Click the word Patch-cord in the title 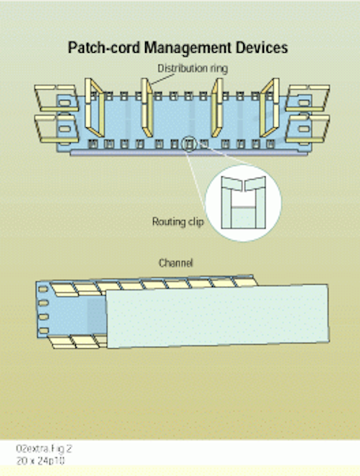[x=104, y=48]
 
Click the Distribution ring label [x=193, y=68]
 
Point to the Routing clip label [x=178, y=222]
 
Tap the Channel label [x=176, y=263]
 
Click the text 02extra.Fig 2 [x=44, y=448]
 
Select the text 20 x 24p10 [x=40, y=461]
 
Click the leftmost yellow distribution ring [x=94, y=108]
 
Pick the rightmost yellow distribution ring [x=269, y=108]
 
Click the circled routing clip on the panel [x=190, y=144]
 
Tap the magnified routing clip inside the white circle [x=243, y=202]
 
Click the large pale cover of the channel [x=217, y=316]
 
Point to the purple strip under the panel [x=188, y=154]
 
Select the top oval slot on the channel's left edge [x=43, y=289]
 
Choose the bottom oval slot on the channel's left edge [x=44, y=330]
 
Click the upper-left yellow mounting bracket [x=56, y=97]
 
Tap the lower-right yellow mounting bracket [x=307, y=129]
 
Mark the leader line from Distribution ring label [x=162, y=80]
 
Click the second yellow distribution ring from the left [x=147, y=108]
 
